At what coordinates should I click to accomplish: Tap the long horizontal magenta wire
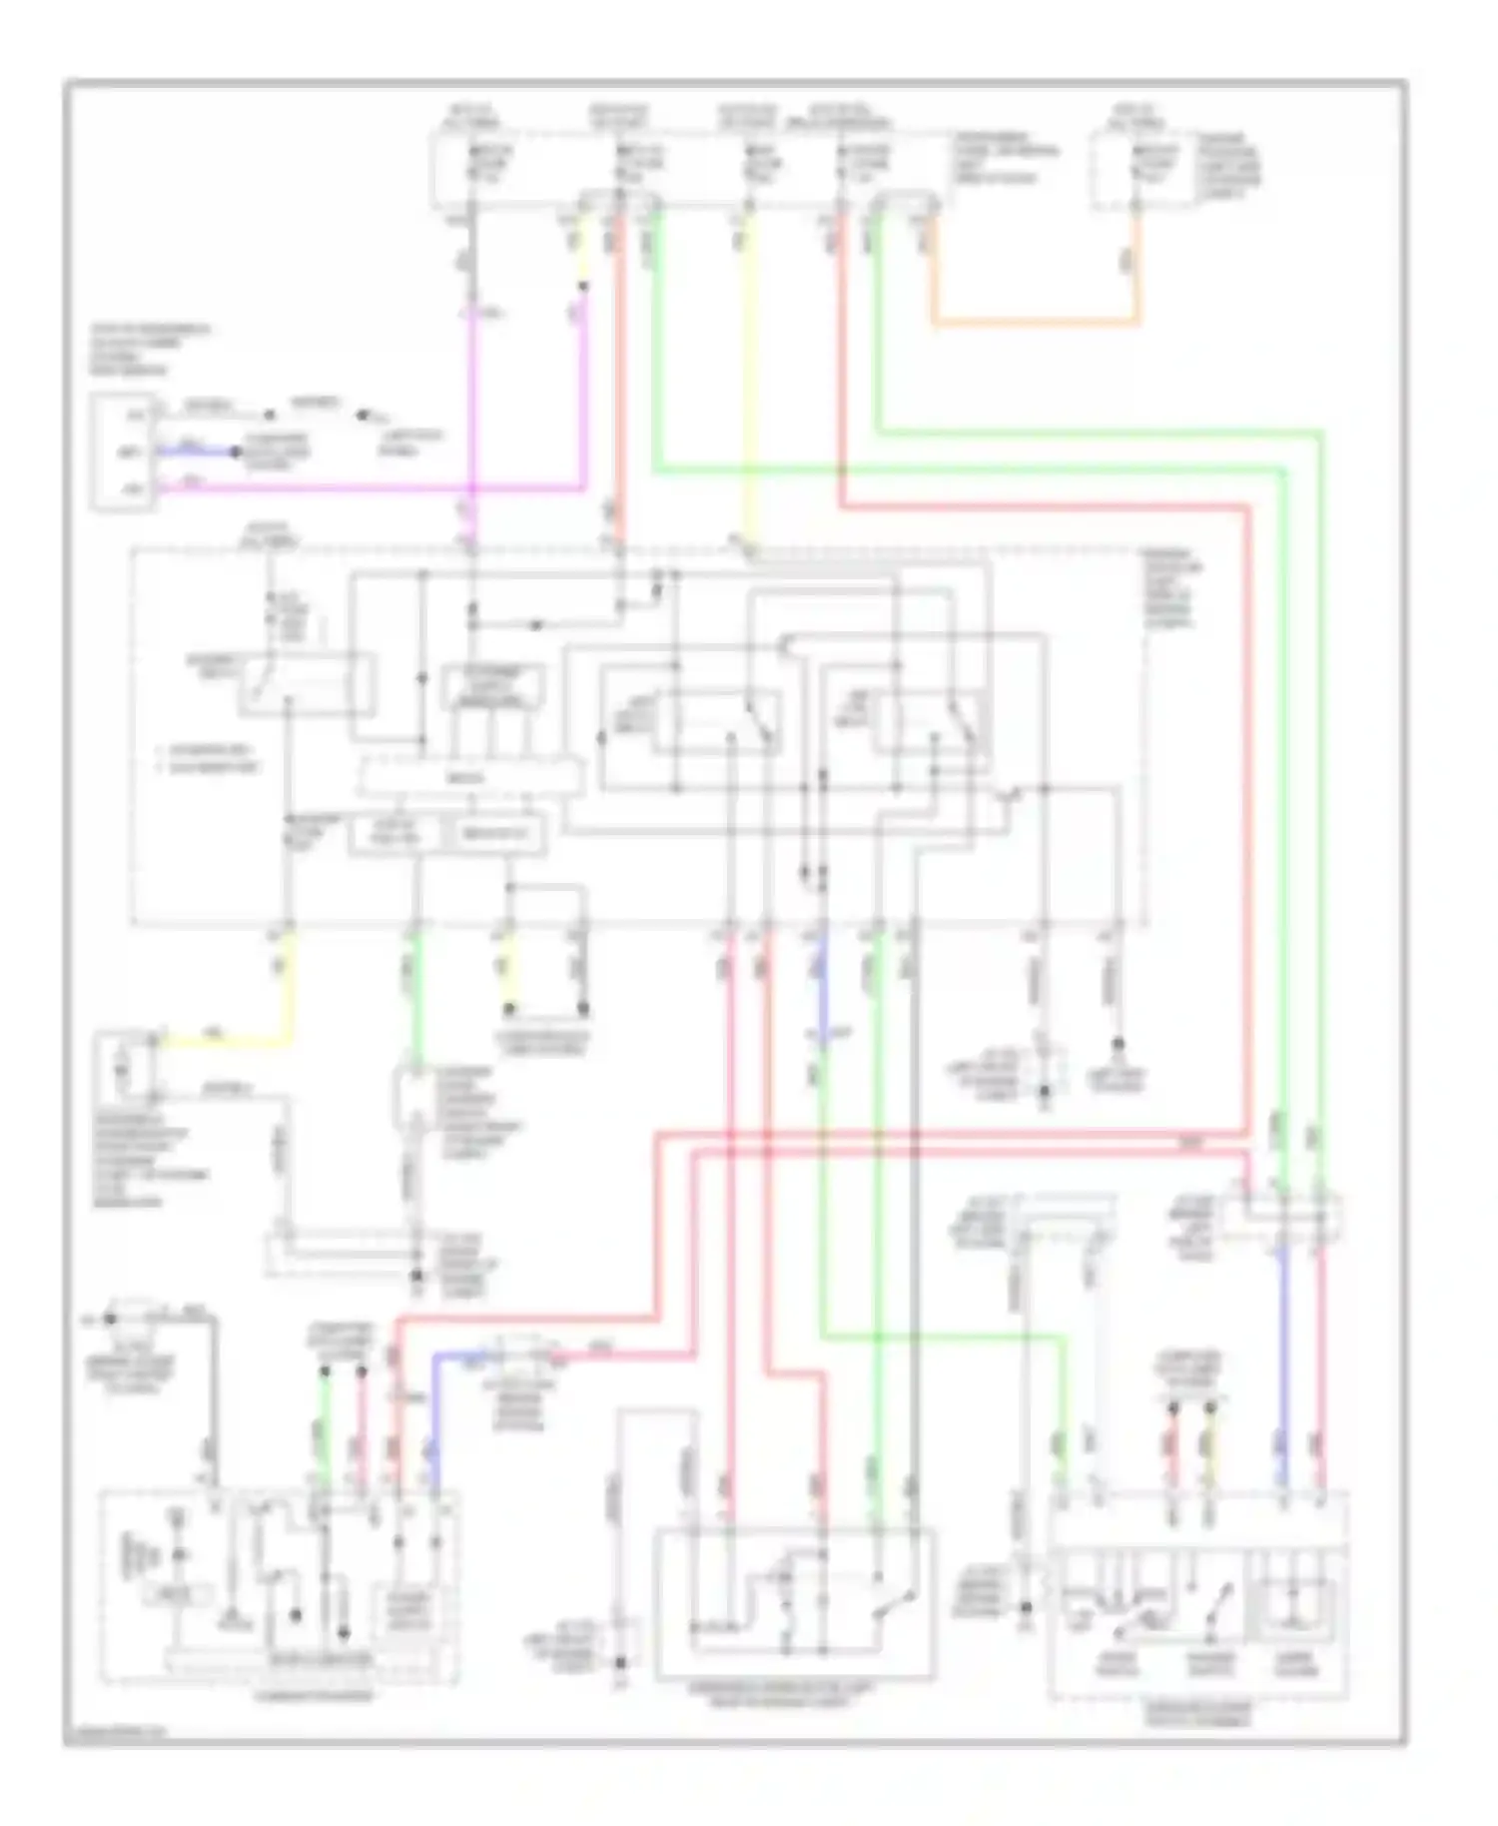pyautogui.click(x=379, y=489)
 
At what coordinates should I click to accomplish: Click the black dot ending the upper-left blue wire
pyautogui.click(x=237, y=453)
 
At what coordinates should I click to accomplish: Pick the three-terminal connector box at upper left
pyautogui.click(x=122, y=453)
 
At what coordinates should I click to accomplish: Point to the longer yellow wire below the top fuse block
pyautogui.click(x=750, y=380)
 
